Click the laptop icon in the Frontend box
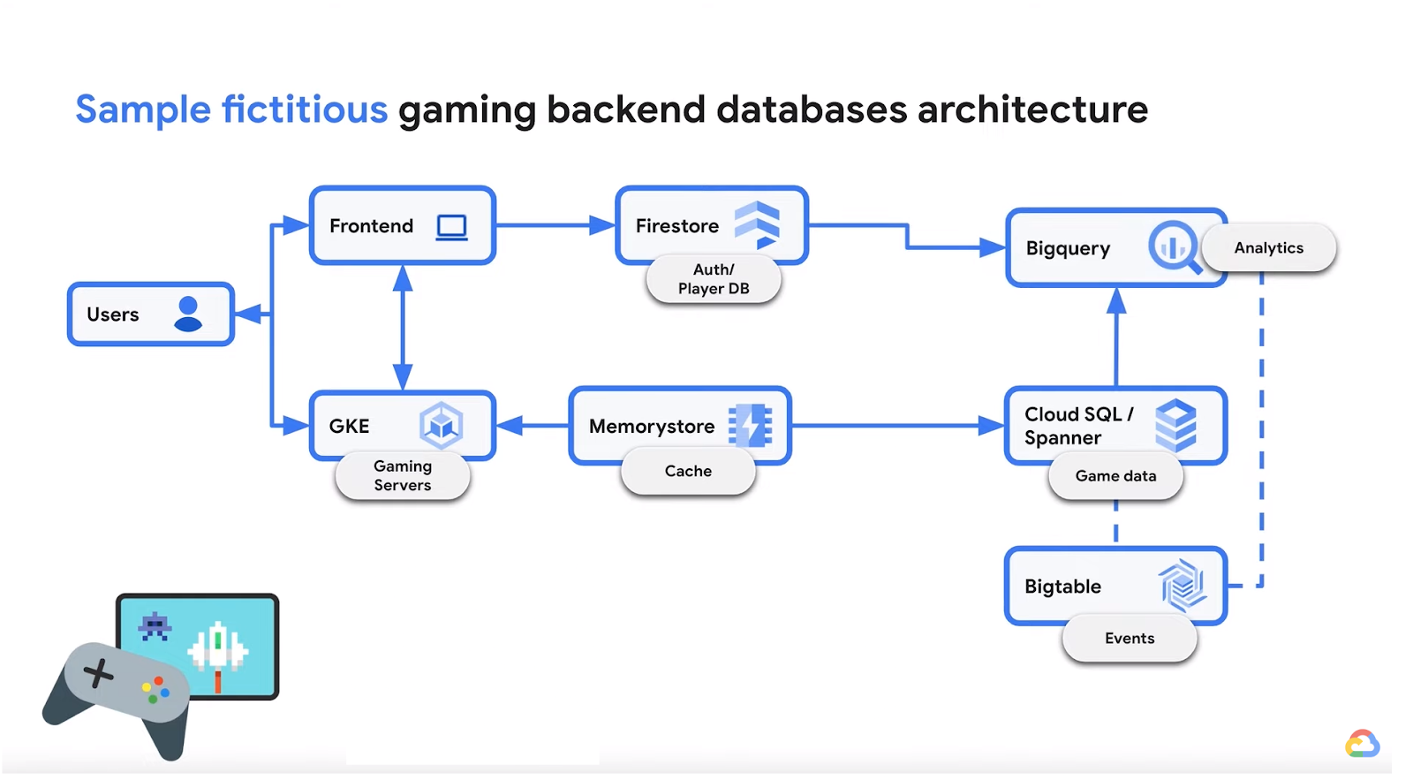click(451, 227)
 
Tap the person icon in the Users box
click(188, 314)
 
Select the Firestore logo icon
click(757, 224)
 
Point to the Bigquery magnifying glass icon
click(1175, 247)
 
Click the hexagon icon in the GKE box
click(441, 425)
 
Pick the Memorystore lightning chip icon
click(750, 425)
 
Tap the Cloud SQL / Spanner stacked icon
click(1175, 425)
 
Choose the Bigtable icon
click(1183, 585)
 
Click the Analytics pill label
click(1268, 248)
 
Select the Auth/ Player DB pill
click(714, 280)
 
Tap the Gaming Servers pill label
click(403, 476)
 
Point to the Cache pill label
click(688, 472)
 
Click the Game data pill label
click(1115, 476)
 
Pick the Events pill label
click(1130, 639)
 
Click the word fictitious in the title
click(304, 110)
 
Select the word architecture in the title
click(1032, 110)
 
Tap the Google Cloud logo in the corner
click(1362, 744)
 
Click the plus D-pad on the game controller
click(98, 674)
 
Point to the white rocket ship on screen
click(218, 649)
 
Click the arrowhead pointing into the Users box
click(246, 314)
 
